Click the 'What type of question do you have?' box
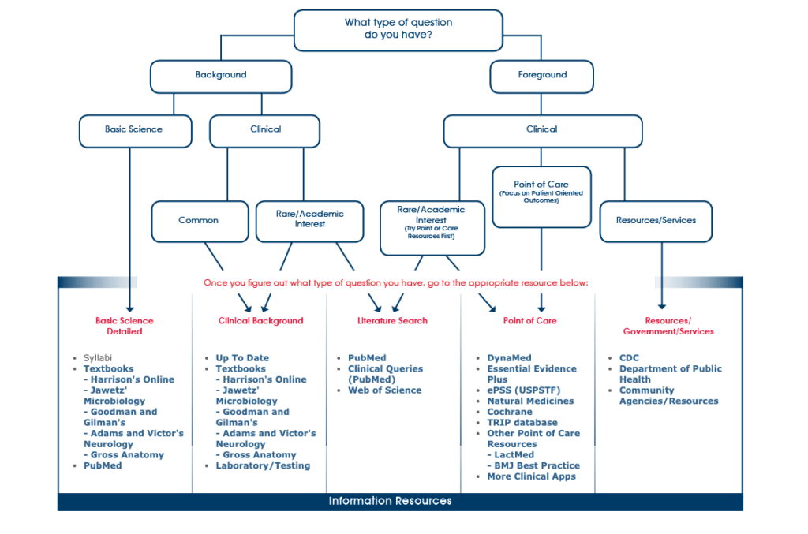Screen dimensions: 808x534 pyautogui.click(x=398, y=31)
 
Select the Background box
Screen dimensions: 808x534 pyautogui.click(x=221, y=77)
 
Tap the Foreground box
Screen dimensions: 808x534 pyautogui.click(x=541, y=77)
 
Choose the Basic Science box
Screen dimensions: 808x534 pyautogui.click(x=135, y=131)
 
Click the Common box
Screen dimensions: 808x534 pyautogui.click(x=200, y=222)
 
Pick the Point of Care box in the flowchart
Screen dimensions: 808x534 pyautogui.click(x=541, y=196)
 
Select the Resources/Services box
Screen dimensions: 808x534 pyautogui.click(x=656, y=222)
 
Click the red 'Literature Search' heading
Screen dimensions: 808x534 pyautogui.click(x=392, y=321)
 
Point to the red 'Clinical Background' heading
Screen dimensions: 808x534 pyautogui.click(x=260, y=321)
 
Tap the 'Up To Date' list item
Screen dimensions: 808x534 pyautogui.click(x=242, y=358)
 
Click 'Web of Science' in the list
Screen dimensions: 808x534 pyautogui.click(x=384, y=390)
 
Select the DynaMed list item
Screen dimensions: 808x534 pyautogui.click(x=509, y=358)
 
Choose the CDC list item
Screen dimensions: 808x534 pyautogui.click(x=629, y=358)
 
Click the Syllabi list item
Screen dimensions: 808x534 pyautogui.click(x=97, y=358)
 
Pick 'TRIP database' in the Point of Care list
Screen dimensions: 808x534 pyautogui.click(x=522, y=423)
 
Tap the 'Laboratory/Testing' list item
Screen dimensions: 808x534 pyautogui.click(x=263, y=466)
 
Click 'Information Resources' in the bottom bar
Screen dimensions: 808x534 pyautogui.click(x=390, y=501)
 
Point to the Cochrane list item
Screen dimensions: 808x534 pyautogui.click(x=510, y=412)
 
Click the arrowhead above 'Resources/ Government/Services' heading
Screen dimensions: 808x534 pyautogui.click(x=662, y=307)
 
